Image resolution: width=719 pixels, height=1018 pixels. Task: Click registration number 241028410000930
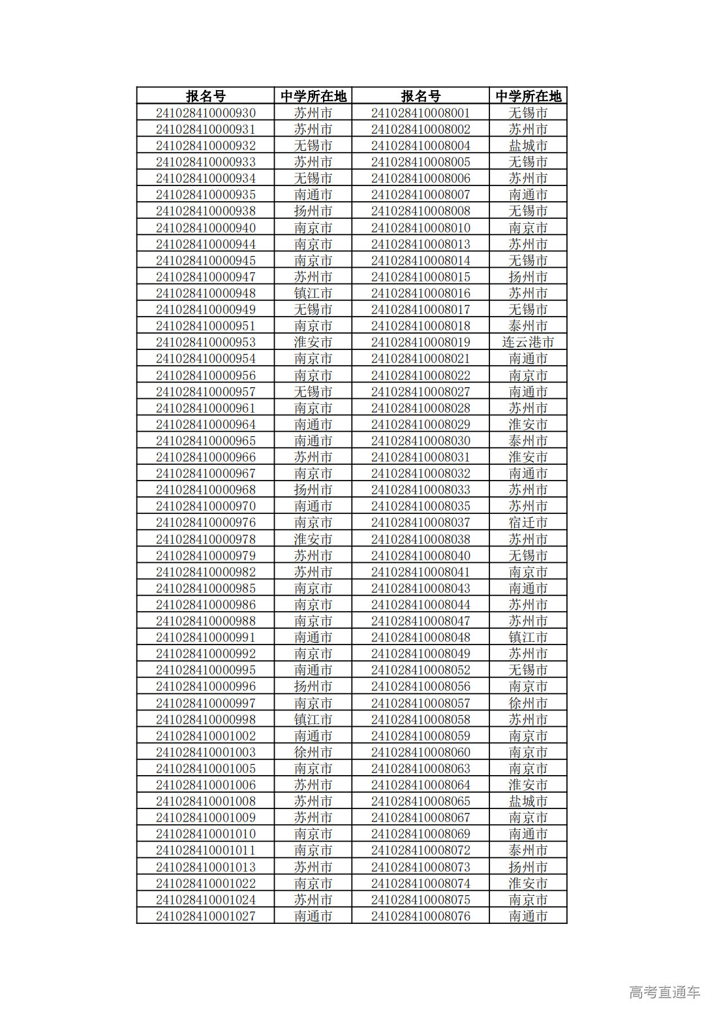[x=206, y=113]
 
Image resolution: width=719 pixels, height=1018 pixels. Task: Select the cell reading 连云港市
[x=528, y=342]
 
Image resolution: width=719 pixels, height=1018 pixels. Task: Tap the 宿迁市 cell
[x=528, y=522]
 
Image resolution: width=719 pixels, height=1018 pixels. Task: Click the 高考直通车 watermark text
[x=664, y=992]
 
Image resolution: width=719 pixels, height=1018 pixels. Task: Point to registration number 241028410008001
[x=420, y=113]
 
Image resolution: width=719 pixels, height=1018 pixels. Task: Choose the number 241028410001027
[x=206, y=916]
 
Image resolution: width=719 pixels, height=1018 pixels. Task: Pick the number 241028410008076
[x=420, y=916]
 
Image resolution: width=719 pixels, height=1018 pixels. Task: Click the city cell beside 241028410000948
[x=313, y=293]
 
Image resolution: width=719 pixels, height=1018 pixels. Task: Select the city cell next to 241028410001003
[x=313, y=752]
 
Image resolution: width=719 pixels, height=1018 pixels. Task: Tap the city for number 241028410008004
[x=528, y=146]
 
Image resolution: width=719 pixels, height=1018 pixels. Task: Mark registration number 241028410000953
[x=206, y=342]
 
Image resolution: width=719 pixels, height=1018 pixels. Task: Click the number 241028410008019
[x=420, y=342]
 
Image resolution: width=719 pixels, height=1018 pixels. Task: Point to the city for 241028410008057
[x=528, y=703]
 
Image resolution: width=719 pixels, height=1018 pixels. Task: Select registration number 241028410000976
[x=206, y=522]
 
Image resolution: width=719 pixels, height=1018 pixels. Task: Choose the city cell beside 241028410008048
[x=528, y=637]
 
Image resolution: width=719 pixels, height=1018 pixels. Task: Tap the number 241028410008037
[x=420, y=522]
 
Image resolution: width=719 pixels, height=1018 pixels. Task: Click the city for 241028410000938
[x=313, y=211]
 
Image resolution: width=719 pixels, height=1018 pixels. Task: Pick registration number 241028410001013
[x=206, y=867]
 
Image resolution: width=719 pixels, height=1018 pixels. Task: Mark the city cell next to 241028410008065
[x=528, y=801]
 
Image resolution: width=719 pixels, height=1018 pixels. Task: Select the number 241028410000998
[x=206, y=720]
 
